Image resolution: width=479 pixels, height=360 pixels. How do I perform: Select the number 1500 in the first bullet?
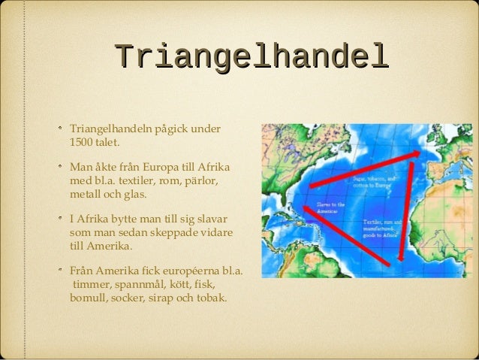(82, 142)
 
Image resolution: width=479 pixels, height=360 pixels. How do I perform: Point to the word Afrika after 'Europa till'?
(215, 168)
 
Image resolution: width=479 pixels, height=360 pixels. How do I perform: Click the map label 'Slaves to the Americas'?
(331, 207)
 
